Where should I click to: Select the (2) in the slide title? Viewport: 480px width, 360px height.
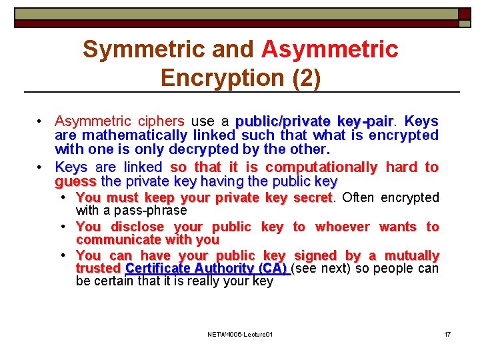pos(306,78)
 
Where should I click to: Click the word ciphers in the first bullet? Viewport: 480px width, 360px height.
pos(161,121)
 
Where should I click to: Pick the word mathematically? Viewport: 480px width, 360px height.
pos(126,135)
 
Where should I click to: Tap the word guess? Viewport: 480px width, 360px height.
pos(75,181)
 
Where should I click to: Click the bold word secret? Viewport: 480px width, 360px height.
pos(312,197)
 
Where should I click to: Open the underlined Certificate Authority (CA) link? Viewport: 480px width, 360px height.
pos(206,269)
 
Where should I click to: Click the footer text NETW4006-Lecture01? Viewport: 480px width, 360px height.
pos(240,334)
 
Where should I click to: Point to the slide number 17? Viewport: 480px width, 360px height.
pos(447,334)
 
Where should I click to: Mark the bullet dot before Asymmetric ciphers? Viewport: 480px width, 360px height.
pos(41,121)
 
